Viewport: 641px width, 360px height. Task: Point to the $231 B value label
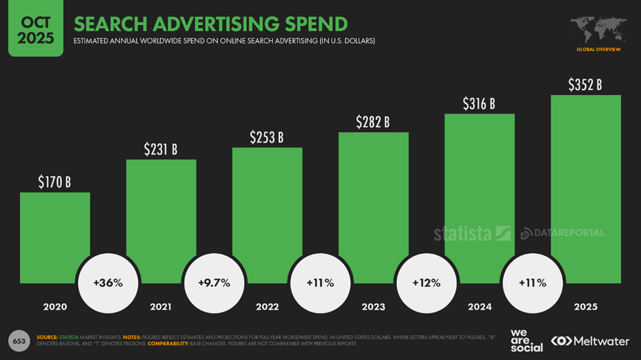[x=160, y=149]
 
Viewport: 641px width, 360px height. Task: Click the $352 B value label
[x=585, y=85]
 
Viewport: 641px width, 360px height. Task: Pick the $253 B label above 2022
[x=266, y=137]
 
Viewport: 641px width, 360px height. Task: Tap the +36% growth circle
[x=108, y=283]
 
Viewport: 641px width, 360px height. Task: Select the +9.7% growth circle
[x=214, y=283]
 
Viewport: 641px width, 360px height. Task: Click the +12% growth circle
[x=426, y=283]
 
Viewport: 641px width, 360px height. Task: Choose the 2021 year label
[x=161, y=307]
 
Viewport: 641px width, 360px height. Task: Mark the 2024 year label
[x=479, y=307]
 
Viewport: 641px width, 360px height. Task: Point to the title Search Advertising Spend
[x=211, y=24]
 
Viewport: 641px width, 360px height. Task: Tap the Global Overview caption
[x=598, y=50]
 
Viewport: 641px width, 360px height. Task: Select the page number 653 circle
[x=18, y=340]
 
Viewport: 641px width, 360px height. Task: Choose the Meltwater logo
[x=590, y=341]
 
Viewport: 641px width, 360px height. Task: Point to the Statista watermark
[x=472, y=233]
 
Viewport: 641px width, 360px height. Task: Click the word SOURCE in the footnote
[x=47, y=337]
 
